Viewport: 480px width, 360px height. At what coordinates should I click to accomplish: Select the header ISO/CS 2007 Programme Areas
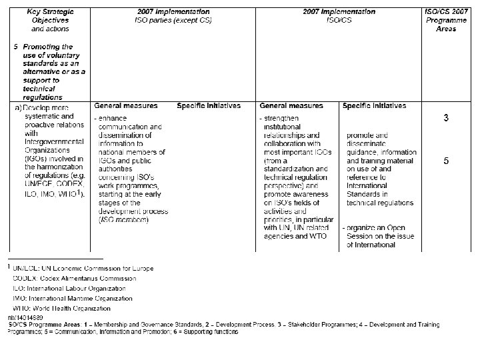pyautogui.click(x=446, y=20)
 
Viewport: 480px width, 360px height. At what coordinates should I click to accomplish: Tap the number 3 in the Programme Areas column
pyautogui.click(x=446, y=119)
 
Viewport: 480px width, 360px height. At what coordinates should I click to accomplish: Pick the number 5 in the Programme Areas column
pyautogui.click(x=446, y=161)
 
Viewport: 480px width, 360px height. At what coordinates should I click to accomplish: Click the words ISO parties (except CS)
pyautogui.click(x=173, y=20)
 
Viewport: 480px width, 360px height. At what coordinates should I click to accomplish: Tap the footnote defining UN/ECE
pyautogui.click(x=80, y=268)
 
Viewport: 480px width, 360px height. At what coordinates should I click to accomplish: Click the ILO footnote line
pyautogui.click(x=67, y=288)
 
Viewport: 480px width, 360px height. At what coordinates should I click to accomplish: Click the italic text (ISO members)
pyautogui.click(x=123, y=220)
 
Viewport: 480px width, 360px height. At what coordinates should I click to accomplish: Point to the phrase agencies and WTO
pyautogui.click(x=295, y=237)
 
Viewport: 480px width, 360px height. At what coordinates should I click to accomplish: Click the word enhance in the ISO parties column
pyautogui.click(x=110, y=119)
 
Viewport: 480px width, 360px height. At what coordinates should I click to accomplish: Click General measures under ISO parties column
pyautogui.click(x=126, y=106)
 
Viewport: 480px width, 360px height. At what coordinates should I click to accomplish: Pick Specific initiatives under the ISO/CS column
pyautogui.click(x=374, y=106)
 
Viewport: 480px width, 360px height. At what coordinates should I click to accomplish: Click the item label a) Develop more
pyautogui.click(x=43, y=107)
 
